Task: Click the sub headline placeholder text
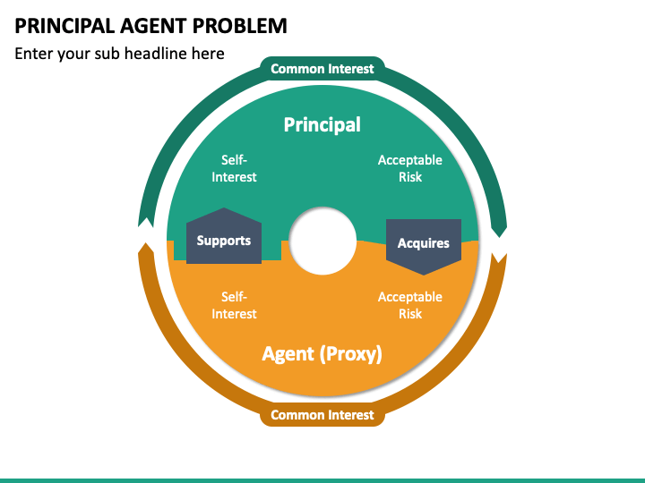tap(119, 54)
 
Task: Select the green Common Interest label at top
tap(322, 69)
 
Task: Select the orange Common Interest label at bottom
tap(322, 414)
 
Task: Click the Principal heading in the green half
tap(322, 124)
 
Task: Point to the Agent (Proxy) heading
tap(322, 353)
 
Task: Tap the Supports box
tap(224, 240)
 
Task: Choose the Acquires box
tap(424, 242)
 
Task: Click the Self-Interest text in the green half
tap(234, 168)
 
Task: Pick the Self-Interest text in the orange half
tap(234, 305)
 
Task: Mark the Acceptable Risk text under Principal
tap(410, 168)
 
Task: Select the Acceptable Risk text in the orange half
tap(410, 305)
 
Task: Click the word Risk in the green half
tap(410, 177)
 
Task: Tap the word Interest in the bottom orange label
tap(348, 414)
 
